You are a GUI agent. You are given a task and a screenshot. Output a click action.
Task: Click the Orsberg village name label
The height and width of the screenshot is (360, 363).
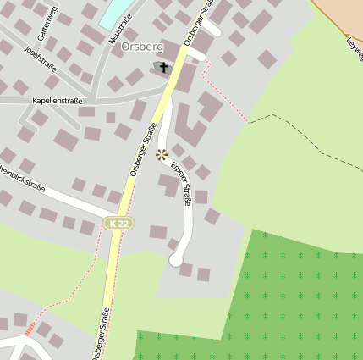pyautogui.click(x=142, y=47)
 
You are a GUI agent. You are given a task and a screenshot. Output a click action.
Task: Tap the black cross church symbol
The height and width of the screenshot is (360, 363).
pyautogui.click(x=163, y=66)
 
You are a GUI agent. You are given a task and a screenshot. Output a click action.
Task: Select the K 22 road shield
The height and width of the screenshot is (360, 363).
pyautogui.click(x=118, y=223)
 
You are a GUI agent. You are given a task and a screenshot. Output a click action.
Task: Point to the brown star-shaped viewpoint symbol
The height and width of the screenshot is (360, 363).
pyautogui.click(x=162, y=154)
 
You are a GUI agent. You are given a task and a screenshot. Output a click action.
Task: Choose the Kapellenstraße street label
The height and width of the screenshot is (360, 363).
pyautogui.click(x=57, y=100)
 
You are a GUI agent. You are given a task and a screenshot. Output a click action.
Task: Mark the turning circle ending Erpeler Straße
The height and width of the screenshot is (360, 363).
pyautogui.click(x=176, y=260)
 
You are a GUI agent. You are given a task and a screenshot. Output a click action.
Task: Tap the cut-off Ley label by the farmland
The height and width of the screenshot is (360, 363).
pyautogui.click(x=355, y=43)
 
